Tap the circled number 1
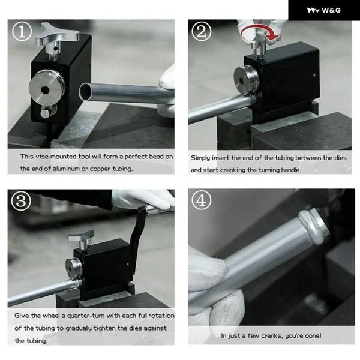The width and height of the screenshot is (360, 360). pos(22,31)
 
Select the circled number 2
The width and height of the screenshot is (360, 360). pos(202,31)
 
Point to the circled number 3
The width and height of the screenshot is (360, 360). pos(21,200)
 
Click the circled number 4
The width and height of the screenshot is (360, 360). pos(202,200)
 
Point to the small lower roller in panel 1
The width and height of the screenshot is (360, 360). pos(48,111)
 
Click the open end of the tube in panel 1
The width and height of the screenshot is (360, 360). pos(85,92)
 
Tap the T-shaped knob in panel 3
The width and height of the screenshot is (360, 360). pos(82,239)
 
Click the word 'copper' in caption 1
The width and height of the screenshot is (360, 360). pos(101,169)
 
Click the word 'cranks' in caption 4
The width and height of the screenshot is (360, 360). pos(272,336)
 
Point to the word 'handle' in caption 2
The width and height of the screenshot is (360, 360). pos(291,170)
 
